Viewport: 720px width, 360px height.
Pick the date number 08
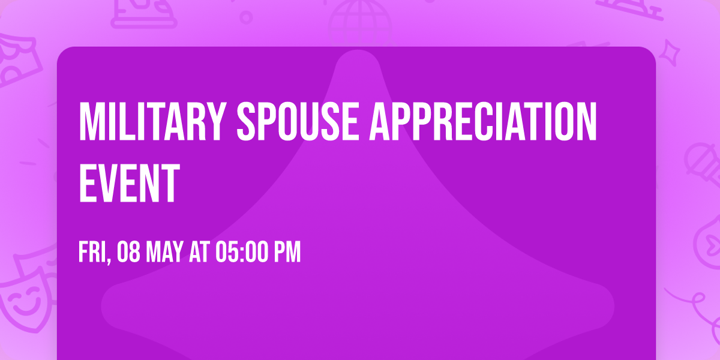pos(130,253)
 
